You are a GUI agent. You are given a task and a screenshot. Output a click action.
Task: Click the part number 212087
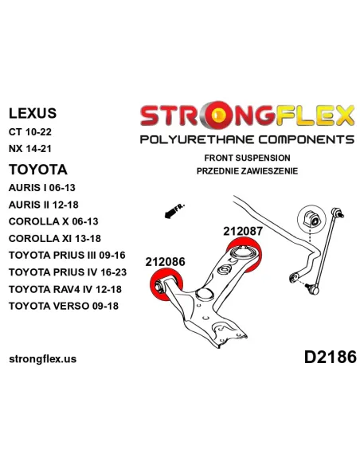[243, 231]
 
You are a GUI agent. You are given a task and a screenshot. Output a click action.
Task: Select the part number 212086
[165, 261]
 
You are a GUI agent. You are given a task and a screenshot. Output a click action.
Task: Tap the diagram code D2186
[330, 357]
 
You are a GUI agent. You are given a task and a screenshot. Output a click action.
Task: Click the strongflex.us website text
[43, 359]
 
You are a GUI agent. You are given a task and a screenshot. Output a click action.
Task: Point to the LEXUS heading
[33, 113]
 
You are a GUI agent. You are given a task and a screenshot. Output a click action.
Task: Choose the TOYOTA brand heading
[38, 170]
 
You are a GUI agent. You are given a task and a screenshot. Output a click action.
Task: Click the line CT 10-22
[30, 131]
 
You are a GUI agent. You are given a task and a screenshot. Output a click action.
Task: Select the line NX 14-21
[30, 148]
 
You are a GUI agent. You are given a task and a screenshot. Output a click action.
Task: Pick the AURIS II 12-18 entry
[44, 205]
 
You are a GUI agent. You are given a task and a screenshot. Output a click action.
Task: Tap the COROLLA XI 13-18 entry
[55, 238]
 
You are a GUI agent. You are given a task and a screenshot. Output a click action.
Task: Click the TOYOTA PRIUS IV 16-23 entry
[68, 272]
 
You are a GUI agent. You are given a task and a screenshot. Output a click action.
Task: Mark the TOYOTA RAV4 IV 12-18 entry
[65, 289]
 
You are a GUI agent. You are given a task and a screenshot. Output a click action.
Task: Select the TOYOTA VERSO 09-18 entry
[64, 306]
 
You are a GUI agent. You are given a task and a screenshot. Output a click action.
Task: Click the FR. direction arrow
[174, 211]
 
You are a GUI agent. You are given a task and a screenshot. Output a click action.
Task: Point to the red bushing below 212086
[166, 284]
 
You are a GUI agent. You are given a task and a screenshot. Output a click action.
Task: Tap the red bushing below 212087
[245, 254]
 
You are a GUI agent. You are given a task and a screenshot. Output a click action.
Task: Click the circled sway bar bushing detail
[310, 219]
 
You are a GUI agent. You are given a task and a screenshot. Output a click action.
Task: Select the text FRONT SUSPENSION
[247, 158]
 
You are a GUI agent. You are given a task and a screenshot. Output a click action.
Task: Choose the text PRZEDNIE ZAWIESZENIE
[247, 171]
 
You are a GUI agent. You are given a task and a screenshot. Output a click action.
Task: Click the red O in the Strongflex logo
[219, 115]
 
